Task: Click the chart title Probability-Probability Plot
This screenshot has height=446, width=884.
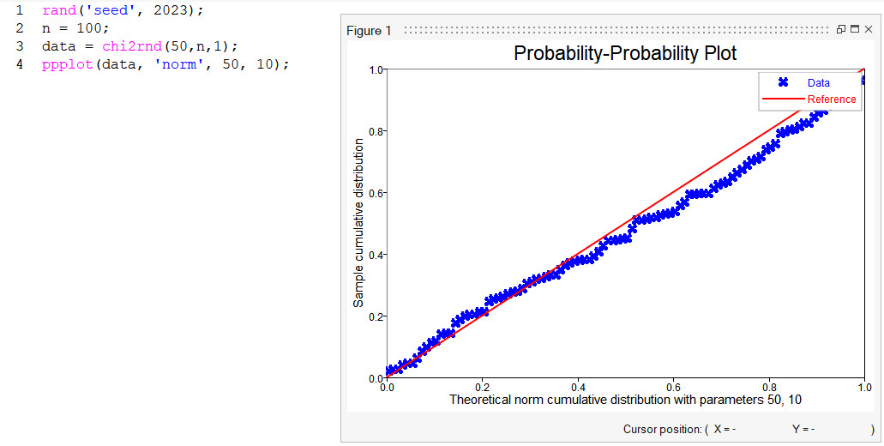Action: (625, 53)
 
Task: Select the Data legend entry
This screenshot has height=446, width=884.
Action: (818, 83)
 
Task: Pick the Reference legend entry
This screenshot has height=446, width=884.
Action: (831, 99)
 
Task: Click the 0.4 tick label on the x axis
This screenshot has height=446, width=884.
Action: (578, 387)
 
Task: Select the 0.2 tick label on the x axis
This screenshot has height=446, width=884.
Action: (482, 387)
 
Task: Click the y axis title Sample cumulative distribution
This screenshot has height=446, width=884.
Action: (359, 224)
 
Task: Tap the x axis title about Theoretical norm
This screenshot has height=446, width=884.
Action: (625, 400)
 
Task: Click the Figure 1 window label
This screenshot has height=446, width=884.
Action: (369, 31)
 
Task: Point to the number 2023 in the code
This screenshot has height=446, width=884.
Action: (173, 9)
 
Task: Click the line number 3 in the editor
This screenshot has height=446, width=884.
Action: (20, 45)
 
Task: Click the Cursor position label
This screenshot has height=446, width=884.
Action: (661, 429)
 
